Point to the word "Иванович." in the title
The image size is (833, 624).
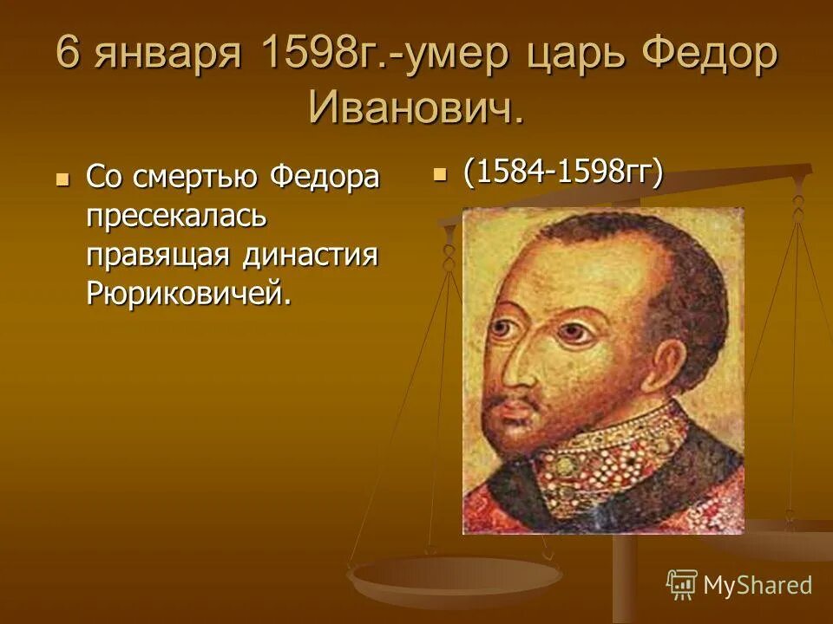[416, 107]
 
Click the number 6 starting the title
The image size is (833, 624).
[70, 58]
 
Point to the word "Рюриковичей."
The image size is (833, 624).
[187, 295]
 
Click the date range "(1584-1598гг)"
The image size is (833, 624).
[563, 172]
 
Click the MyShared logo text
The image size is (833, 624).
[757, 585]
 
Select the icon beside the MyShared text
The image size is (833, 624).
[682, 584]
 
